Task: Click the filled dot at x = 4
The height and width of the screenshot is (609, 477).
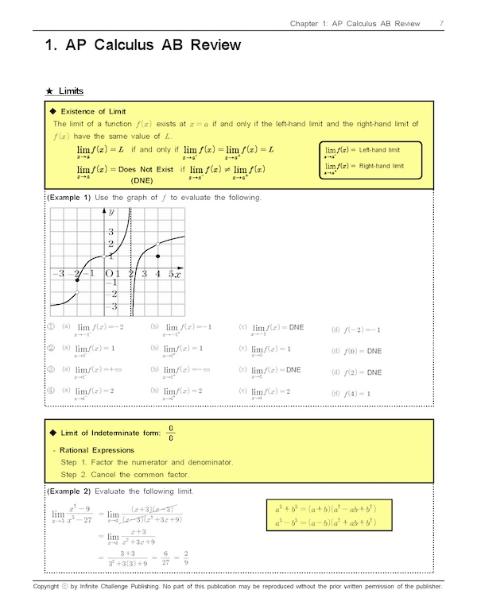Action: tap(158, 256)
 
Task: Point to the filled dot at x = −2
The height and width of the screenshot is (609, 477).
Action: tap(77, 279)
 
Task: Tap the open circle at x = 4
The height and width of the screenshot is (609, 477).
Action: tap(158, 243)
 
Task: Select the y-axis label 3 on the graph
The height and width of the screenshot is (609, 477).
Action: tap(111, 231)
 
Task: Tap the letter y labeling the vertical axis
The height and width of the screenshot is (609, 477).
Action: tap(112, 212)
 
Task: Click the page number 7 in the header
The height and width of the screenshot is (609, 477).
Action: tap(440, 23)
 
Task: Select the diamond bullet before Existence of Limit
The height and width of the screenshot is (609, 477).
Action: tap(53, 111)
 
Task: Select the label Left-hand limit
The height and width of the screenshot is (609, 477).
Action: tap(380, 150)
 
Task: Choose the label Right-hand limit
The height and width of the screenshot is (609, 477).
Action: tap(382, 166)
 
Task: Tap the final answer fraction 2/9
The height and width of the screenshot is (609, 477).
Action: tap(184, 558)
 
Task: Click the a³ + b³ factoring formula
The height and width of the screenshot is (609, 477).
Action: tap(325, 507)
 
